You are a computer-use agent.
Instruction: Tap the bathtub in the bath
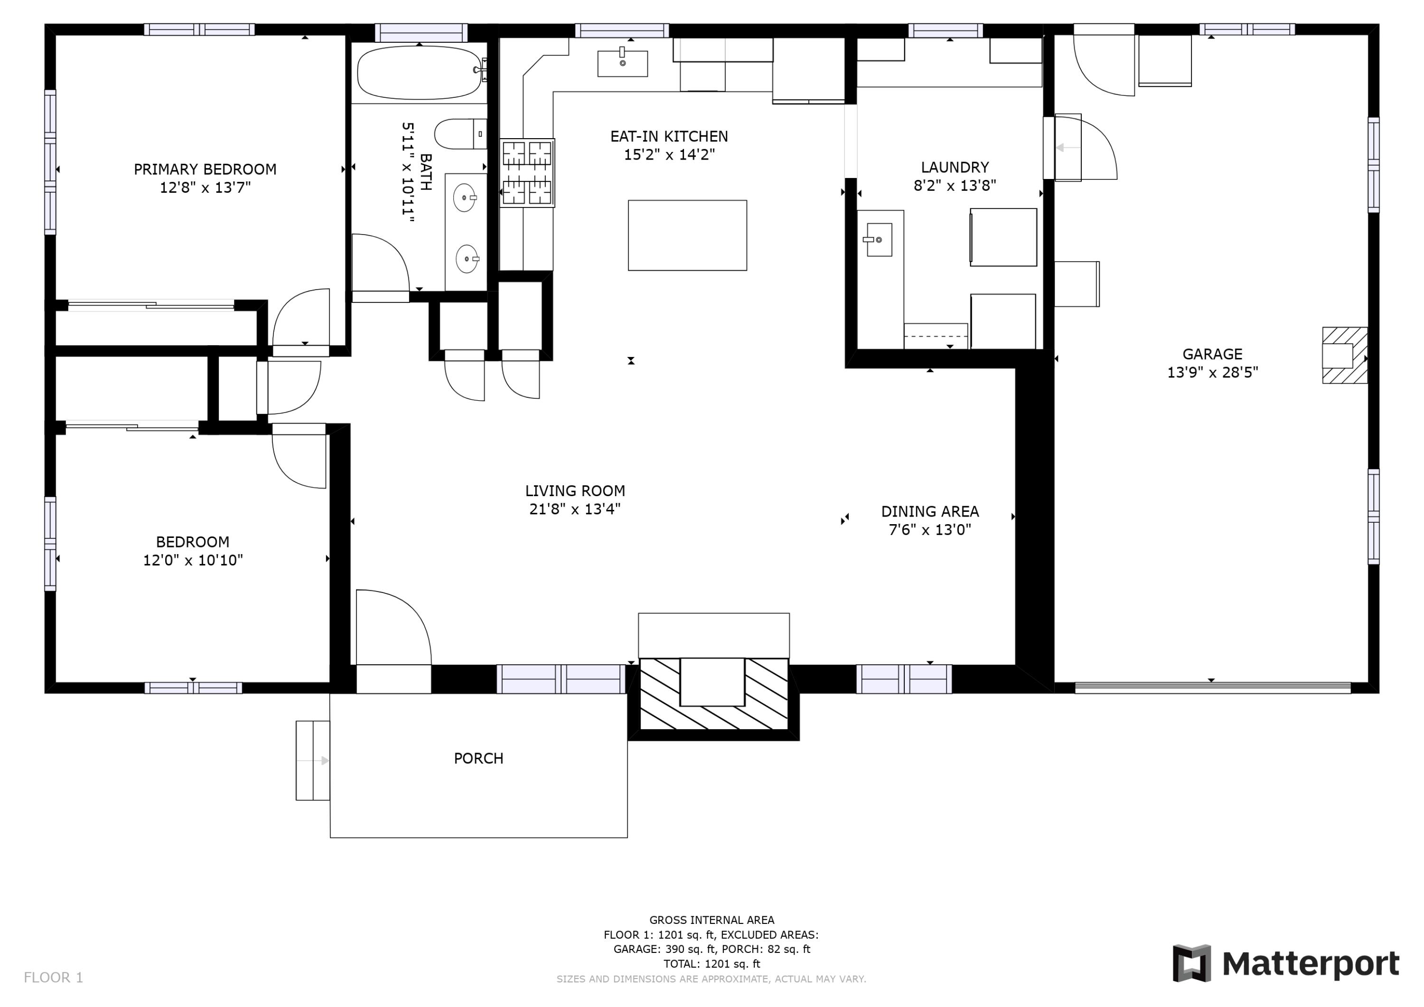[419, 72]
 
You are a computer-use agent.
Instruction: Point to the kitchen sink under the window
[622, 63]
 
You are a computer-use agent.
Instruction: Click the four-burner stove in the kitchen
[527, 172]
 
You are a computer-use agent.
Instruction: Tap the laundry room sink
[878, 239]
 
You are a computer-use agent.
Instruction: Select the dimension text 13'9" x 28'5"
[1212, 372]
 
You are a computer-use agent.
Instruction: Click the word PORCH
[478, 758]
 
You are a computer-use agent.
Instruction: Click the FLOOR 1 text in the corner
[53, 977]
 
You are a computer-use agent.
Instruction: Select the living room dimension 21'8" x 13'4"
[574, 509]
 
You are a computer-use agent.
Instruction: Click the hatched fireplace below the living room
[713, 694]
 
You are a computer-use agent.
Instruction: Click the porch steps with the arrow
[313, 760]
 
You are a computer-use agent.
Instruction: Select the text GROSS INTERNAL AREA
[712, 920]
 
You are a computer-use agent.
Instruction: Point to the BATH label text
[425, 172]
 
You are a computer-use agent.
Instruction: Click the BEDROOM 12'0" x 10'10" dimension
[193, 560]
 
